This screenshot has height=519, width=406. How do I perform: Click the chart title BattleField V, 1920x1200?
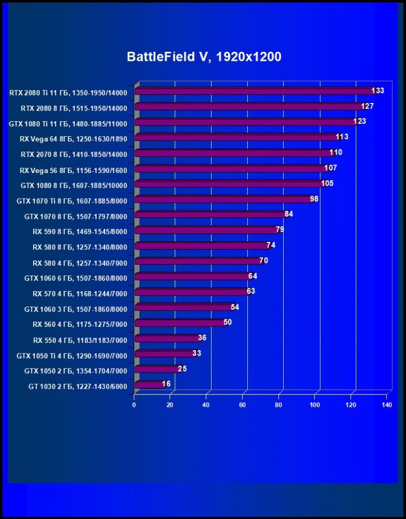coord(204,57)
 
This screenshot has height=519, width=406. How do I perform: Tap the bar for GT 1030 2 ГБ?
coord(150,384)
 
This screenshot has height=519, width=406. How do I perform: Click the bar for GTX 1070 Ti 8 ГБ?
coord(224,200)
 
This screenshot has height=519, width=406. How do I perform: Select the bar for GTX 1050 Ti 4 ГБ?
coord(165,353)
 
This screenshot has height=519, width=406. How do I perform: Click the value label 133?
coord(378,91)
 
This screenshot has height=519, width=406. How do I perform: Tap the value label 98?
coord(314,199)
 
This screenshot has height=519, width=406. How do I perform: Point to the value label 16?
coord(167,384)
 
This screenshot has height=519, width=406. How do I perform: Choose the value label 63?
coord(251,292)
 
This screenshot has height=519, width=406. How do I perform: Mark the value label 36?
coord(202,338)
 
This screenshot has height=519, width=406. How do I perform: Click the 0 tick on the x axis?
coord(134,405)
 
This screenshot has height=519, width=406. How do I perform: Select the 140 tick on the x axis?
coord(387,405)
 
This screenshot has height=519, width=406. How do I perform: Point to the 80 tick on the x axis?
coord(279,405)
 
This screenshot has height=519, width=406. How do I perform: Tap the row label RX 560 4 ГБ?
coord(80,324)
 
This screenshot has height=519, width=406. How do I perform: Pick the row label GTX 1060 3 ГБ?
coord(76,309)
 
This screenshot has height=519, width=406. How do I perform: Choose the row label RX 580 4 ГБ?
coord(80,263)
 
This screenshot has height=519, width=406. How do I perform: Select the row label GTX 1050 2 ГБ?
coord(76,371)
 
